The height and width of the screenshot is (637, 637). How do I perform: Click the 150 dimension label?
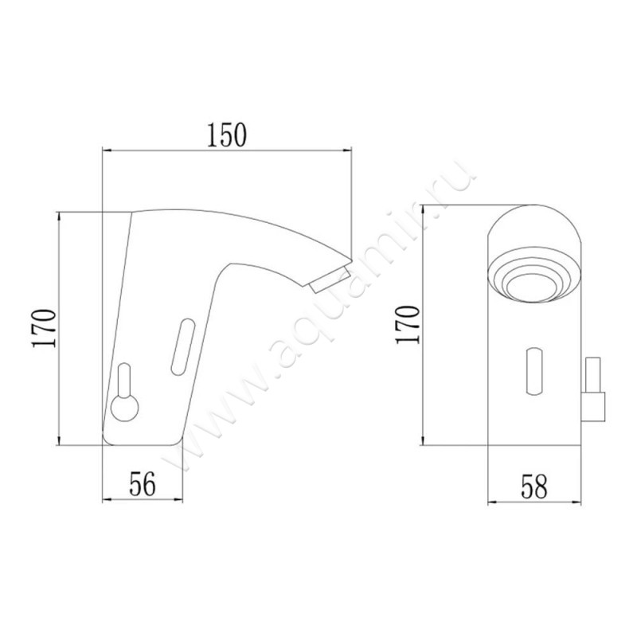click(227, 135)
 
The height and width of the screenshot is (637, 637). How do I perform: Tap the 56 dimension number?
click(143, 484)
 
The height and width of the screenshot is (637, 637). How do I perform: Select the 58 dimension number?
click(534, 487)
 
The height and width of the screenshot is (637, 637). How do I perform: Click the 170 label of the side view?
click(44, 328)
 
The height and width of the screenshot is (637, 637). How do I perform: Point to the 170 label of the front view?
click(408, 325)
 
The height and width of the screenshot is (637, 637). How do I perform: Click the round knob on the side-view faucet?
click(125, 408)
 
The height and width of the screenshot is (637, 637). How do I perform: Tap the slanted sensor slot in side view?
click(182, 346)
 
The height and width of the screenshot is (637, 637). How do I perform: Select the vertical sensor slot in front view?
click(534, 371)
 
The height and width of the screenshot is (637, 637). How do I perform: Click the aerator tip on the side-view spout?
click(330, 279)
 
